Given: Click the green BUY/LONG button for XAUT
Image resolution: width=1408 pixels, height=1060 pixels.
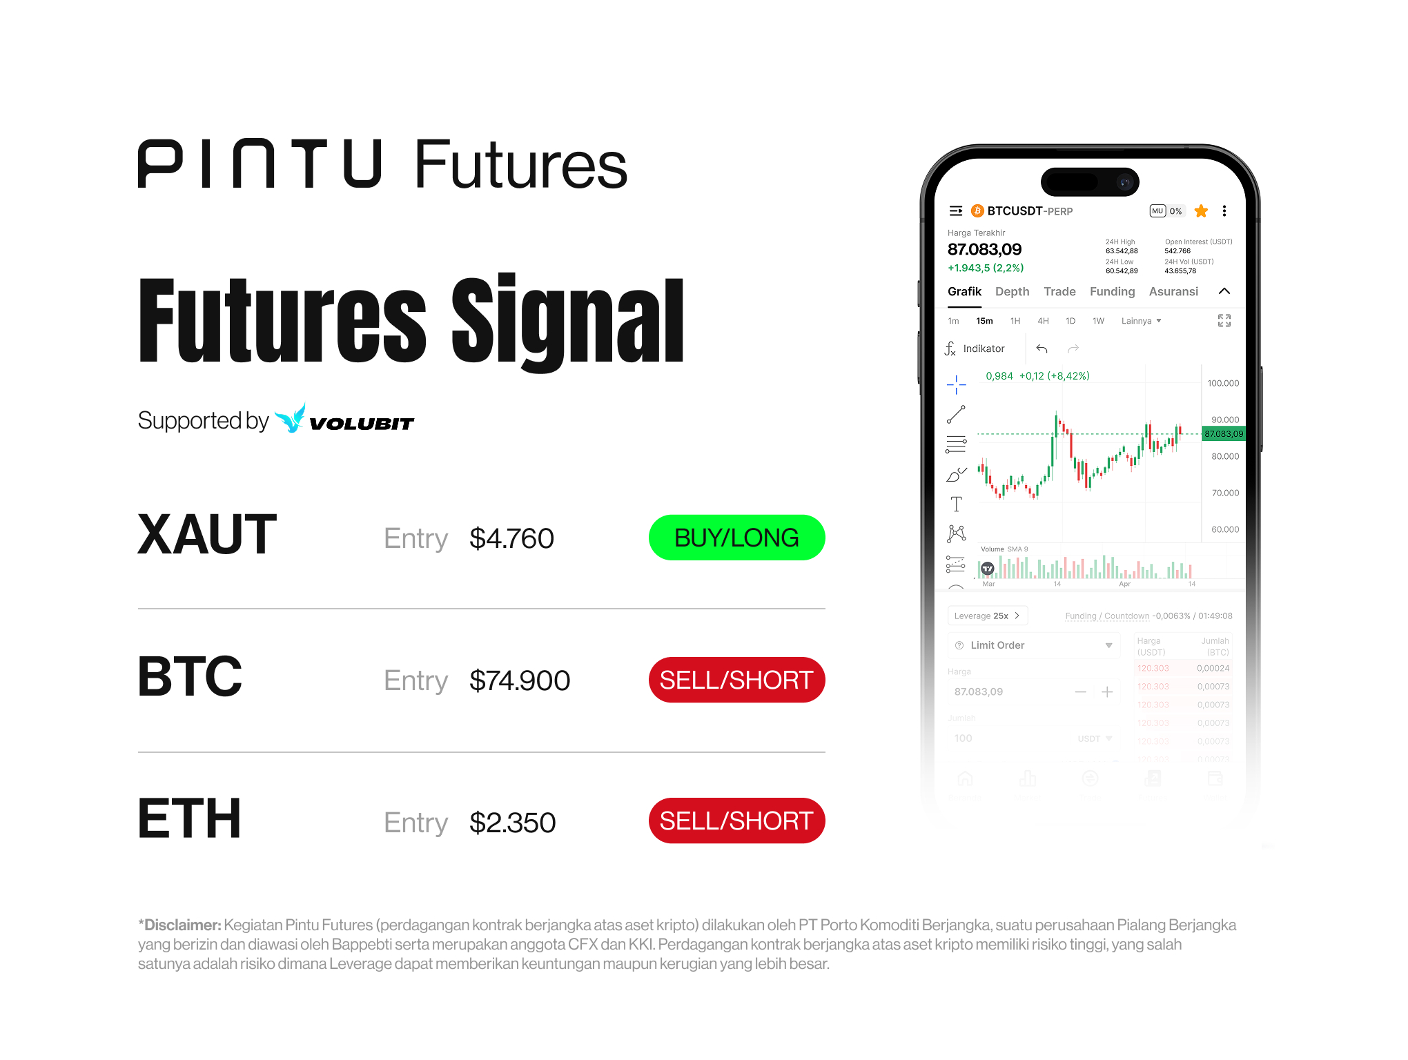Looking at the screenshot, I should pyautogui.click(x=736, y=538).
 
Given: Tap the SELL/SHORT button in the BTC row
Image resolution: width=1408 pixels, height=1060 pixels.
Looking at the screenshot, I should pyautogui.click(x=736, y=680).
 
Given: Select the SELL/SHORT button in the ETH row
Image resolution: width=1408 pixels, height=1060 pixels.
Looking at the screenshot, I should pyautogui.click(x=736, y=821).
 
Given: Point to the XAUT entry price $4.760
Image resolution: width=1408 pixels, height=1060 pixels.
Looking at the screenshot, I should pyautogui.click(x=511, y=538).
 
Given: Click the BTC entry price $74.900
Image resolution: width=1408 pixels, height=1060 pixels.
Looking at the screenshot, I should pyautogui.click(x=520, y=680).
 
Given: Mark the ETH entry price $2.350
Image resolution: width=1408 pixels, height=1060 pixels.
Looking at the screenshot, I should pyautogui.click(x=512, y=823).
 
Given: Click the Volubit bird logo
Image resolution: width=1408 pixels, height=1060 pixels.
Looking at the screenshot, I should pyautogui.click(x=290, y=418).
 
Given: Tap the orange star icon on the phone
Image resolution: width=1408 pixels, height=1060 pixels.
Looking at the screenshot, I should pyautogui.click(x=1201, y=211).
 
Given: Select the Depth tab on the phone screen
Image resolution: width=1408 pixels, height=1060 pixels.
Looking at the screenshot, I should pyautogui.click(x=1012, y=292).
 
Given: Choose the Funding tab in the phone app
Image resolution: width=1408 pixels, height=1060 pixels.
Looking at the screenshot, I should pyautogui.click(x=1112, y=292).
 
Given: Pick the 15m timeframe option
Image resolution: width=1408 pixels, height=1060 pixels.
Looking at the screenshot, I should pyautogui.click(x=984, y=321).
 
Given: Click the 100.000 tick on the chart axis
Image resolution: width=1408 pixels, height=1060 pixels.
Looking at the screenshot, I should pyautogui.click(x=1223, y=383).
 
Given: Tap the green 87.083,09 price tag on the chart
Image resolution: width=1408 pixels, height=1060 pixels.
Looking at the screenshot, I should pyautogui.click(x=1224, y=434).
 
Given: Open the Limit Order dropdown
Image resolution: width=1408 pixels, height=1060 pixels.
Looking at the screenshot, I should pyautogui.click(x=1033, y=645).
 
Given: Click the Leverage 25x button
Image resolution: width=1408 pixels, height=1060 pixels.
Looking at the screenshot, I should pyautogui.click(x=987, y=616).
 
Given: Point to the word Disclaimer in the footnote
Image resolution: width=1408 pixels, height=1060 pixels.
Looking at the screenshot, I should pyautogui.click(x=182, y=925).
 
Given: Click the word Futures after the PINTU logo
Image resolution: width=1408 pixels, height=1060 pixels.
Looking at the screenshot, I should pyautogui.click(x=520, y=166).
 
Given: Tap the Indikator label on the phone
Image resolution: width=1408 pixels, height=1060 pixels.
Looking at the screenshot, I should pyautogui.click(x=984, y=349).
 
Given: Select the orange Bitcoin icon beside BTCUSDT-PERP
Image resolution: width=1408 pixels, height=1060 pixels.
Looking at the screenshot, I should pyautogui.click(x=977, y=211).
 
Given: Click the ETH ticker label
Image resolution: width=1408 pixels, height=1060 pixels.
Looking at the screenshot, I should pyautogui.click(x=190, y=819).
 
